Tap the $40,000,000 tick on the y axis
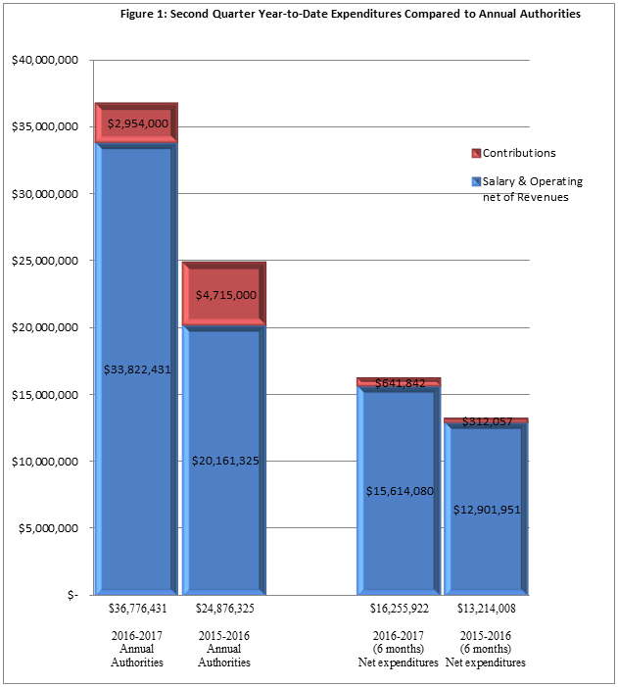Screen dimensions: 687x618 [45, 61]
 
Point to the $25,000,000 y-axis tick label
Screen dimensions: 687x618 [45, 262]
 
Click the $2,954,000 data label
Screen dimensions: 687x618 [138, 123]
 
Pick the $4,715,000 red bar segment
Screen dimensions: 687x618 [224, 295]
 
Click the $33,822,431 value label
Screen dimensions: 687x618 [137, 369]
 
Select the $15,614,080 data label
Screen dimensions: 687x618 [400, 491]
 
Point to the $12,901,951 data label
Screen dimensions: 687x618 [487, 510]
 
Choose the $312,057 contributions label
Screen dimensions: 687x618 [487, 421]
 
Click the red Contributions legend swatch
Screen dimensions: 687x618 [476, 153]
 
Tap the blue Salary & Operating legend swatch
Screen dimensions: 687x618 [476, 181]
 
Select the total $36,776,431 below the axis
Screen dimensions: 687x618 [137, 608]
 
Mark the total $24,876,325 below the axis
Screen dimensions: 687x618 [224, 608]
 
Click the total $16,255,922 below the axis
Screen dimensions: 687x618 [399, 608]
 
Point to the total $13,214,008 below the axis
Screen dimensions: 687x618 [486, 608]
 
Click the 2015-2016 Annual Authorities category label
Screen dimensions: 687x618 [224, 649]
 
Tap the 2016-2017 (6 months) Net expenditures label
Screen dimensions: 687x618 [399, 649]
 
